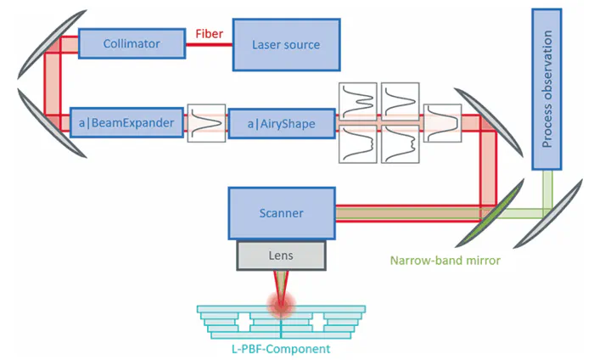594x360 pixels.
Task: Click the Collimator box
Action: (x=132, y=42)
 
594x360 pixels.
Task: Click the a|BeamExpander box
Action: (x=127, y=123)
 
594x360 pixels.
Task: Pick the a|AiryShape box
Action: (x=280, y=124)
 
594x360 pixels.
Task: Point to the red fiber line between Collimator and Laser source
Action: (x=209, y=44)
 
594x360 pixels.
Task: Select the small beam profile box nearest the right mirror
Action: (x=441, y=124)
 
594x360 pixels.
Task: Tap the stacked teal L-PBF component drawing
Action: (x=279, y=321)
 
